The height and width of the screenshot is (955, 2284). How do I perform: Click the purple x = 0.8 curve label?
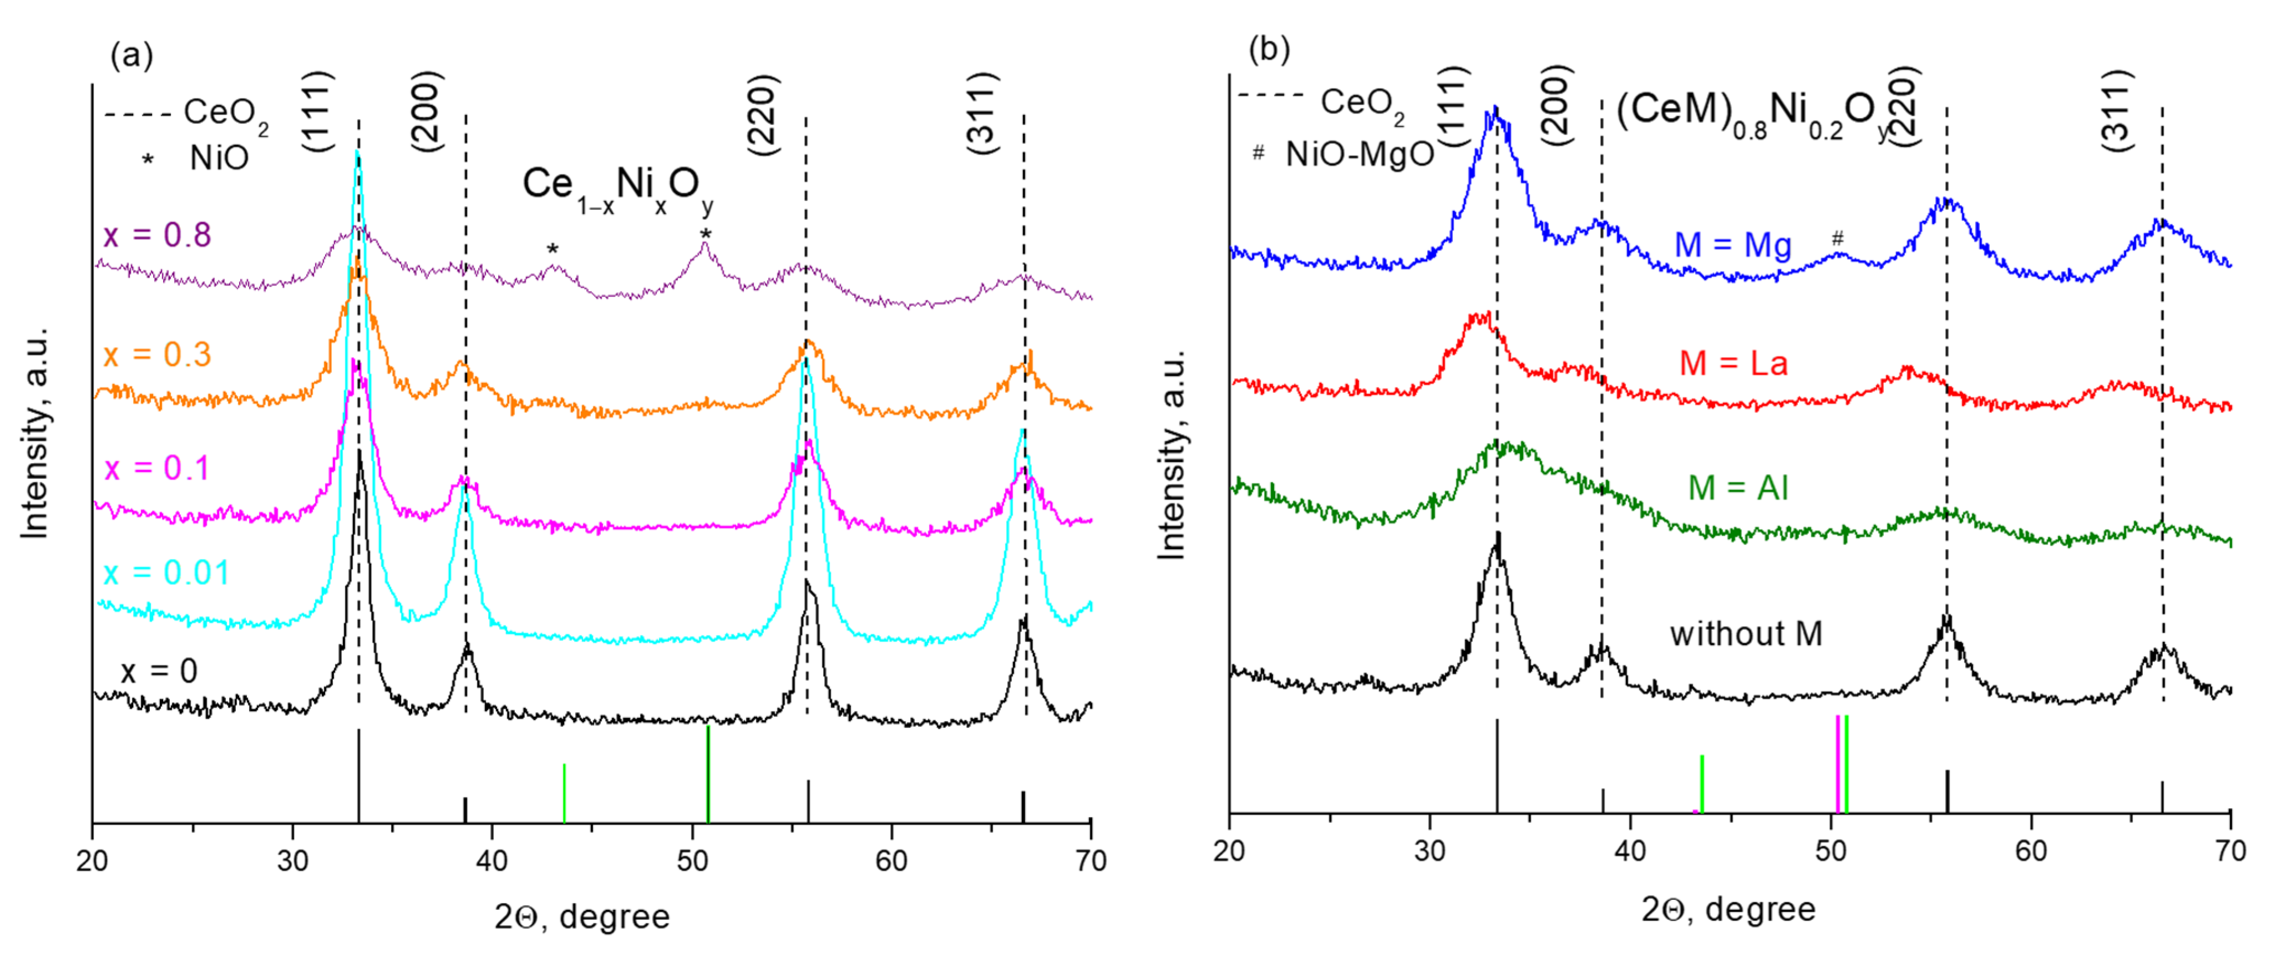pos(157,235)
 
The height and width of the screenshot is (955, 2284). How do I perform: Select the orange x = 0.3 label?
pos(157,355)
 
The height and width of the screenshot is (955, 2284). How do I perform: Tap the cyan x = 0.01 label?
pos(166,573)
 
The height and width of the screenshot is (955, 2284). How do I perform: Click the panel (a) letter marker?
pos(131,56)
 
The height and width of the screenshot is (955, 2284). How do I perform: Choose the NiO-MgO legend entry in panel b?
pos(1358,154)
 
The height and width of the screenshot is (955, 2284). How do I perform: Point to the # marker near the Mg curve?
pos(1837,238)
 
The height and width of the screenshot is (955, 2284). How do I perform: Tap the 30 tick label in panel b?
pos(1429,851)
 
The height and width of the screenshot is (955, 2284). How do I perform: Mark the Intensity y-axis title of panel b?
pos(1172,454)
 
